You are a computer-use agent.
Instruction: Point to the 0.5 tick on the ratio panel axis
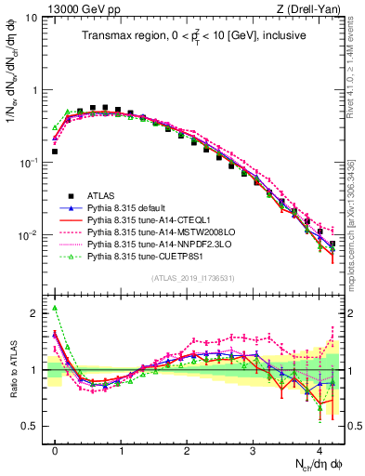point(30,426)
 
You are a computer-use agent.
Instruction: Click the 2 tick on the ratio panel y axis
point(33,313)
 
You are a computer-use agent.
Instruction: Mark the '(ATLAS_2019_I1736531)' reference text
point(192,278)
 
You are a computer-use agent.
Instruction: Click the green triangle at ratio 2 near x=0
point(55,308)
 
